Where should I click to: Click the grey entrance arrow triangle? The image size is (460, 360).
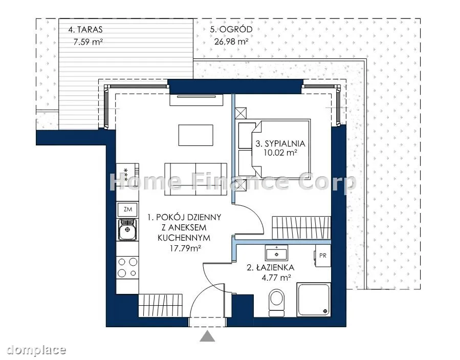point(207,336)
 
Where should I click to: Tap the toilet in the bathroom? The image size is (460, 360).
point(277,303)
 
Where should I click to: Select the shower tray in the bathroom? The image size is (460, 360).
point(314,300)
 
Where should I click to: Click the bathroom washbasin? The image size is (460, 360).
point(276,253)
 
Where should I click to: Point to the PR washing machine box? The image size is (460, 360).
point(323,256)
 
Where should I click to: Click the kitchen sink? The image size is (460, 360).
point(127,229)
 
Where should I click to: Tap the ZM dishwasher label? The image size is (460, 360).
point(128,209)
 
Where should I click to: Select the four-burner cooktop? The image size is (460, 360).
point(127,267)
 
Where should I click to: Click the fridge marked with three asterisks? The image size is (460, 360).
point(127,174)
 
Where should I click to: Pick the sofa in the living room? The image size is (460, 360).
point(195,179)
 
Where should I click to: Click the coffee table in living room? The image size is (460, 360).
point(195,135)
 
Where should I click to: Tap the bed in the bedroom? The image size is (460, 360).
point(275,149)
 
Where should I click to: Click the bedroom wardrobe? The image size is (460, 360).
point(301,228)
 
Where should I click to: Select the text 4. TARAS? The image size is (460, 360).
point(85,30)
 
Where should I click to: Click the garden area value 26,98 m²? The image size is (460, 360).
point(231,41)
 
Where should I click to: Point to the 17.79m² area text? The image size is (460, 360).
point(185,248)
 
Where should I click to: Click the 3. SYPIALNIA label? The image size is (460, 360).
point(280,143)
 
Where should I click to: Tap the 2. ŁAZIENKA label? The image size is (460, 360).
point(271,267)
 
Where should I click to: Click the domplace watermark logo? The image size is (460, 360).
point(36,350)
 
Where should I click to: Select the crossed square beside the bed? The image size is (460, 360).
point(241,113)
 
